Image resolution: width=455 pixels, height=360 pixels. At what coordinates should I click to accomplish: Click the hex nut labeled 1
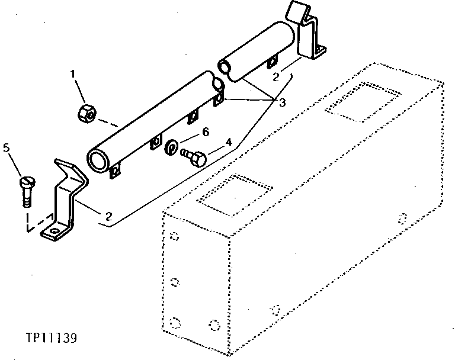(86, 111)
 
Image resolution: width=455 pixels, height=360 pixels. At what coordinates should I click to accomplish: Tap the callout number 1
(73, 74)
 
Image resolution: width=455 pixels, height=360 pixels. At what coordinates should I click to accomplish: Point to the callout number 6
(206, 132)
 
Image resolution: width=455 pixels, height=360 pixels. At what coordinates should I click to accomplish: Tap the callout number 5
(7, 148)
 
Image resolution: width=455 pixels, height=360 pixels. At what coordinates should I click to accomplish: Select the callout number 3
(283, 103)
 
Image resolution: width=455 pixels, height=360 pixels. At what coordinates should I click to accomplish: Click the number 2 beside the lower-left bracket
(108, 216)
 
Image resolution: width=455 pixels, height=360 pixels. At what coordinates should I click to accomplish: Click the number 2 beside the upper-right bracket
(276, 76)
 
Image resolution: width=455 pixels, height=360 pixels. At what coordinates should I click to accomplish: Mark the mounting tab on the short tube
(272, 63)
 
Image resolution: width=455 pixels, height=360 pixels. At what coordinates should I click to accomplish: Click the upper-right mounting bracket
(309, 36)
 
